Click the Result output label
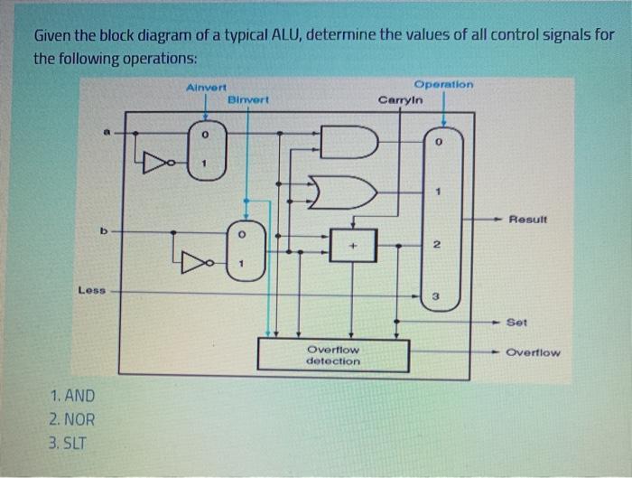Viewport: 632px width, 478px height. pyautogui.click(x=529, y=220)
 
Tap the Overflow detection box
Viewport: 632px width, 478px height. pyautogui.click(x=333, y=354)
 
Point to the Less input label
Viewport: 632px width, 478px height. pyautogui.click(x=92, y=291)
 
